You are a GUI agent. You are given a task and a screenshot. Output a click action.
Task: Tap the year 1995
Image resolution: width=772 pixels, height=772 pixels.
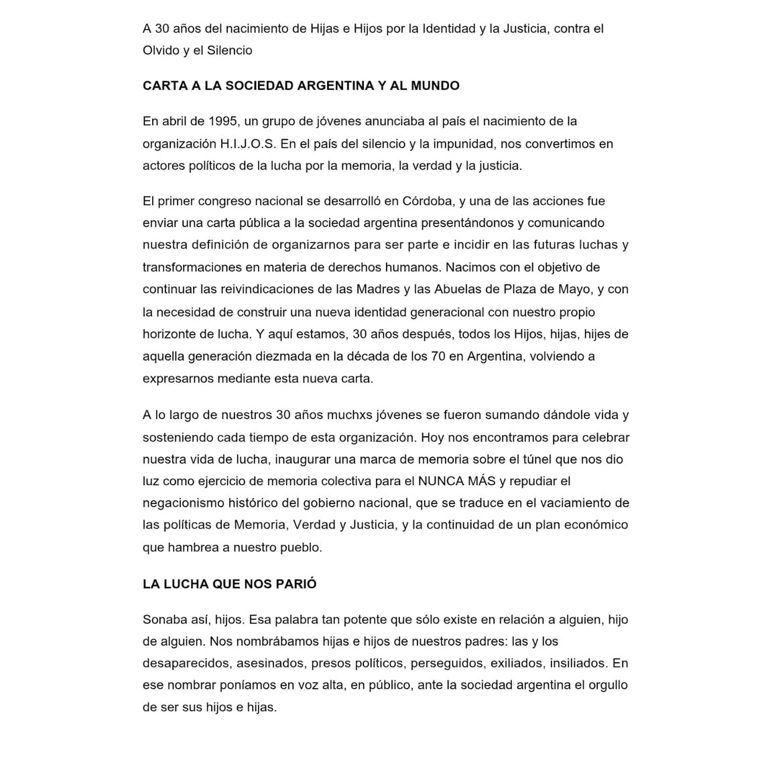pyautogui.click(x=224, y=121)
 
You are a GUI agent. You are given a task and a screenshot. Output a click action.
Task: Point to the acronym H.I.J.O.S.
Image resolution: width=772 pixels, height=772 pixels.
pyautogui.click(x=249, y=143)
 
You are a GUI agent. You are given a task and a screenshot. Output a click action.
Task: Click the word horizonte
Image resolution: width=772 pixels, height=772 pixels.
pyautogui.click(x=171, y=334)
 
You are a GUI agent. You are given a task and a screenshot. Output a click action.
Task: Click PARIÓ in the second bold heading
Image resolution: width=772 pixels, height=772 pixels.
pyautogui.click(x=296, y=584)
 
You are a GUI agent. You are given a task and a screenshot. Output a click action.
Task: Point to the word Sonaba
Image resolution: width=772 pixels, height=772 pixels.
pyautogui.click(x=164, y=620)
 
